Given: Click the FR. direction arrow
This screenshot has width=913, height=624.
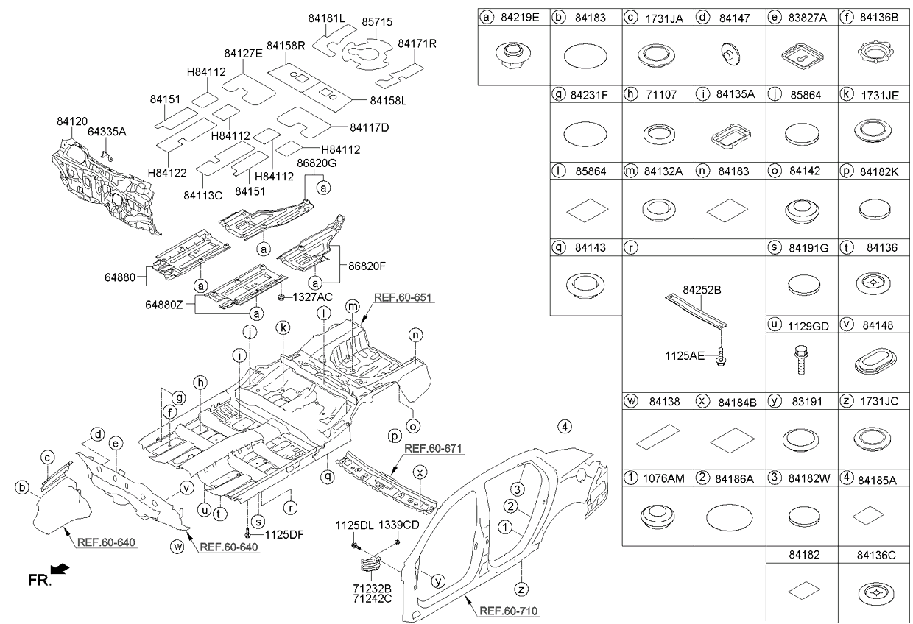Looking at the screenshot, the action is (x=60, y=569).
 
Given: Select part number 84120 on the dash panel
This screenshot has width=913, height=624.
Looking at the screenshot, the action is (x=72, y=121).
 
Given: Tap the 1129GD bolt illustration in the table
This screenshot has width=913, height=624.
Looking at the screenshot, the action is (x=801, y=360).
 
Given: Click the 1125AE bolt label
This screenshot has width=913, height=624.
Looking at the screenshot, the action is (x=684, y=356).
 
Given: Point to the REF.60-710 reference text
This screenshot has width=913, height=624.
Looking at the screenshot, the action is (x=509, y=611).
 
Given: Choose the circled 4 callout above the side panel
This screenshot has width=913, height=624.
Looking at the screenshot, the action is (x=564, y=427).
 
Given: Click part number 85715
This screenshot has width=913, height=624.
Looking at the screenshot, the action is (x=377, y=22).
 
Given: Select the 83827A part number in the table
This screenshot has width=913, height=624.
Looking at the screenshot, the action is (x=808, y=18).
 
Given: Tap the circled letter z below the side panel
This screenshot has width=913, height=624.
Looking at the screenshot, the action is (x=521, y=589).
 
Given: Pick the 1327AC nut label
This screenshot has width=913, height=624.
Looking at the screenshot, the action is (x=313, y=297).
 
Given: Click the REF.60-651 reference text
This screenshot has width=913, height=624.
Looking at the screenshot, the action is (x=403, y=297).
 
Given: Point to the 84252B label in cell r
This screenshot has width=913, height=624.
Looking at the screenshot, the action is (x=702, y=290).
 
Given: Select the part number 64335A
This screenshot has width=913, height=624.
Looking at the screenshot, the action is (x=107, y=132).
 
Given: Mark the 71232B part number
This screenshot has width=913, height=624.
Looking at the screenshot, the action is (x=372, y=589).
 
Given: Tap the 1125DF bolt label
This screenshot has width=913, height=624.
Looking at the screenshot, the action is (x=284, y=534).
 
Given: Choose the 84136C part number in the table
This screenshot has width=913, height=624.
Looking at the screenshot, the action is (x=876, y=555).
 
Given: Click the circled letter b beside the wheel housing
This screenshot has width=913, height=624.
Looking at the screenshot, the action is (x=22, y=487).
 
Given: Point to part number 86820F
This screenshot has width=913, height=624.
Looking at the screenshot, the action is (x=367, y=266).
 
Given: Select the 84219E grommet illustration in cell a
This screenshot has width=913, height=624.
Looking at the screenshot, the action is (x=514, y=56).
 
